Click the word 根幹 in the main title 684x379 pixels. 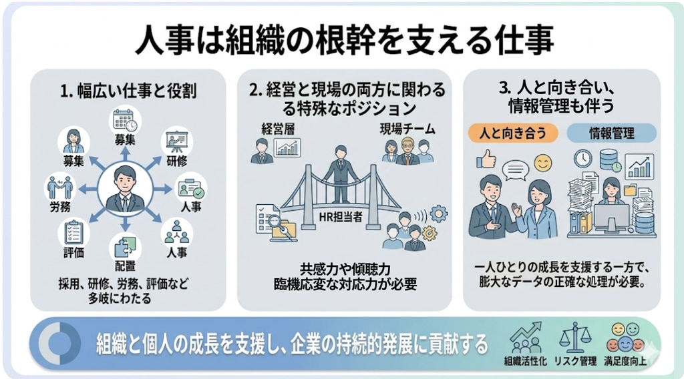click(x=332, y=40)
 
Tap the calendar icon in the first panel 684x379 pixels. click(x=125, y=120)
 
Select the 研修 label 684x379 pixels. click(x=176, y=161)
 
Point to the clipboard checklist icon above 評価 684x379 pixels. click(x=73, y=232)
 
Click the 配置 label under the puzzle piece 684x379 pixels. click(x=125, y=266)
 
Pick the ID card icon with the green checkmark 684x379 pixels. click(x=190, y=189)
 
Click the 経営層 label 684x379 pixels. click(x=279, y=129)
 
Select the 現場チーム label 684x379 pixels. click(x=407, y=129)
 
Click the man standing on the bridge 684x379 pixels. click(x=340, y=174)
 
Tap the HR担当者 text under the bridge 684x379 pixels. click(x=341, y=216)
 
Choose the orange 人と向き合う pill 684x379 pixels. click(x=512, y=133)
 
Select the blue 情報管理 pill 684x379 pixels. click(x=612, y=133)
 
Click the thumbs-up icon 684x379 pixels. click(x=486, y=160)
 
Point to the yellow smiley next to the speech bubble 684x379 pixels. click(x=542, y=163)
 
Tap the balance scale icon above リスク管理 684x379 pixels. click(x=575, y=338)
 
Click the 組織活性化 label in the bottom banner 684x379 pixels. click(x=525, y=361)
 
